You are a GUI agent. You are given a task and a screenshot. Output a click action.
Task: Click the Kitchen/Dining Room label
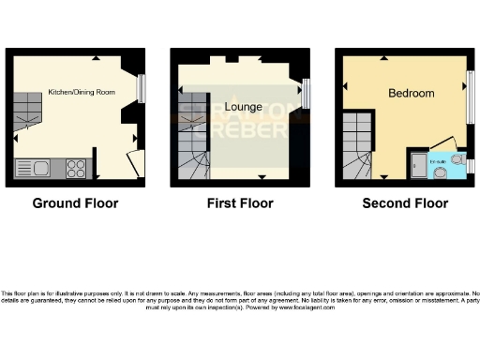[x=81, y=92]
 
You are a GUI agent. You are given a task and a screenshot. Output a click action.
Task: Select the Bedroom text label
[x=412, y=94]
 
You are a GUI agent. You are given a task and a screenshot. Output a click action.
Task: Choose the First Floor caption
[x=240, y=202]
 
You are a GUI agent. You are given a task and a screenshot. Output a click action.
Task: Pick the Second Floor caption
[x=407, y=202]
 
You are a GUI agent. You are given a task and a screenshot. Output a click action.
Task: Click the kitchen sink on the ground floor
[x=37, y=169]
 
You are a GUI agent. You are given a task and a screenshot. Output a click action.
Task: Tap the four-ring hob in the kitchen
[x=77, y=169]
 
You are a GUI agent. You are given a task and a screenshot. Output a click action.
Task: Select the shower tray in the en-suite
[x=415, y=166]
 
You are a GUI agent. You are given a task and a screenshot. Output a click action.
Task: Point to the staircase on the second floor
[x=357, y=145]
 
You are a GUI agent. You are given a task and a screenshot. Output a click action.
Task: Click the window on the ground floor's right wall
[x=142, y=88]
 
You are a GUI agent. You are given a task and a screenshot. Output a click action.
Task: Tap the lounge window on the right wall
[x=307, y=94]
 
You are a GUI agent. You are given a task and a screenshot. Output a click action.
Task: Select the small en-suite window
[x=471, y=165]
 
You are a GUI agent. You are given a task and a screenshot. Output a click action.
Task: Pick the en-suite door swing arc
[x=441, y=145]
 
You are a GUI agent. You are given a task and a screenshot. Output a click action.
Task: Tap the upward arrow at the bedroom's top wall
[x=406, y=57]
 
